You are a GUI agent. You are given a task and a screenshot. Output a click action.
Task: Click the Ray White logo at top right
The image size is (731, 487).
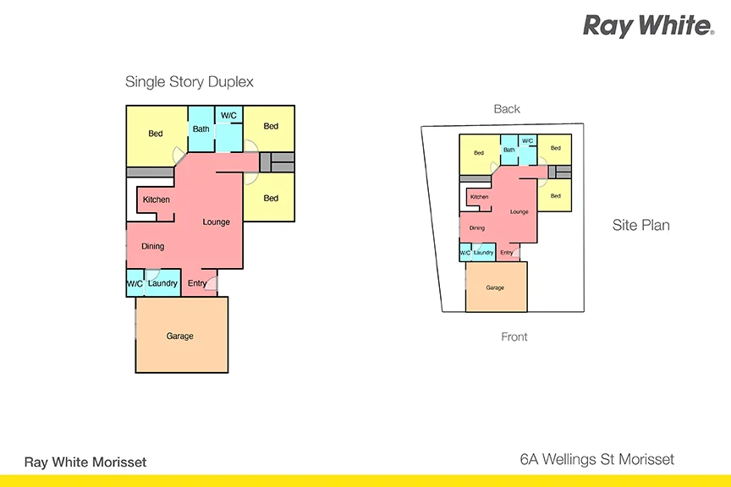point(648,26)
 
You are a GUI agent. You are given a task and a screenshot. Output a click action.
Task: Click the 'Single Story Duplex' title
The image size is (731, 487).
point(190,82)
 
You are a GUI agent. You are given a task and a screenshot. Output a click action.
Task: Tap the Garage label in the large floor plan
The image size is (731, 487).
point(180,336)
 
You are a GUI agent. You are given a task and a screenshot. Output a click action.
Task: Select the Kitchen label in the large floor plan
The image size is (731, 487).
point(157,200)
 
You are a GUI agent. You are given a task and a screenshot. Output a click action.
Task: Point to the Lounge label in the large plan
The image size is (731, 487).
point(217,222)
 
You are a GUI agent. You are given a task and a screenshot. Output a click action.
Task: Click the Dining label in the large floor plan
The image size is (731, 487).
point(153,246)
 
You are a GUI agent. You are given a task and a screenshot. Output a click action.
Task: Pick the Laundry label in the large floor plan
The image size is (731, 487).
point(162,283)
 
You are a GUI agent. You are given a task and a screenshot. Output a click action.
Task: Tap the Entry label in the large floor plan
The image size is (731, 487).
point(196,283)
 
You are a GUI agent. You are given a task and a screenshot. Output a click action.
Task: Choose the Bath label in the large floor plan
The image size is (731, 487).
point(201,129)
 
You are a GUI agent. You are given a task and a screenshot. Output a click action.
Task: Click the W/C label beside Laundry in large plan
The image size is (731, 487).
point(135,283)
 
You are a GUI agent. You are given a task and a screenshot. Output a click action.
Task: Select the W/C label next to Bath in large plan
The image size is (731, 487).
point(228,115)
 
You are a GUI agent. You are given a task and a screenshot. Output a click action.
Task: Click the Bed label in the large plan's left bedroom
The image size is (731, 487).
point(156,134)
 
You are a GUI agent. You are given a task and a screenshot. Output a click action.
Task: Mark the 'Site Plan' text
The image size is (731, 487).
point(640,225)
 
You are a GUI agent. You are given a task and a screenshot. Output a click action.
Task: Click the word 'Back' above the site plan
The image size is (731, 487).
point(507,109)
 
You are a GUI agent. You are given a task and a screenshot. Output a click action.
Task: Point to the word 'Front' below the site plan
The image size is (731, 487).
point(514,337)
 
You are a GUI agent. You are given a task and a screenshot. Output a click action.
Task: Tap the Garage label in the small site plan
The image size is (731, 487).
point(495,287)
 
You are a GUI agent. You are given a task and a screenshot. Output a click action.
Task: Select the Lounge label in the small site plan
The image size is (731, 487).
point(519,211)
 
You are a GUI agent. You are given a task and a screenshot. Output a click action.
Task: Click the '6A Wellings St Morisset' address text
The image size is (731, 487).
point(596,460)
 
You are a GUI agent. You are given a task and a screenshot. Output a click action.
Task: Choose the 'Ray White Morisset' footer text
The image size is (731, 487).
point(85,462)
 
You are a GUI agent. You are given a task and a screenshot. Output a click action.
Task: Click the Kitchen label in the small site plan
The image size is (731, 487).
point(479,197)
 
